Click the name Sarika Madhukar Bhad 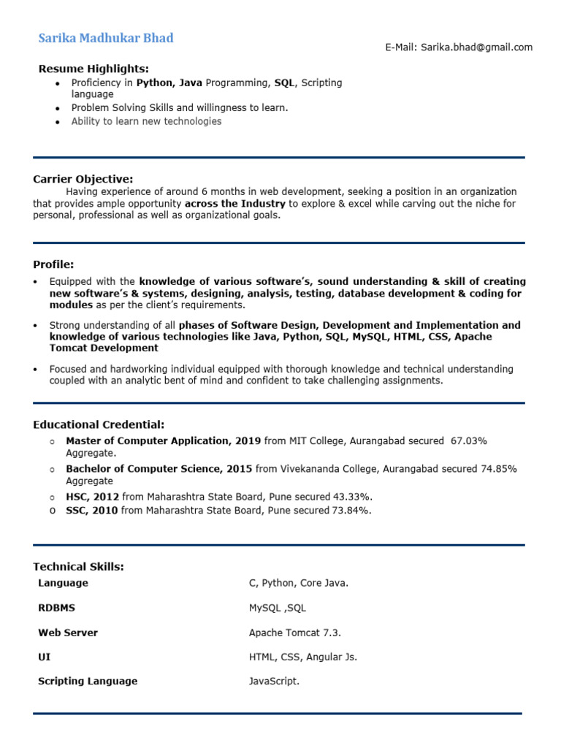106,38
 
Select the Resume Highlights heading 93,69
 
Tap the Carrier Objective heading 83,179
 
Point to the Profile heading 53,264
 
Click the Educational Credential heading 99,424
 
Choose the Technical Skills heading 78,567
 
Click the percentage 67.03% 468,441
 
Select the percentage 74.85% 498,469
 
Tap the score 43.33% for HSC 353,497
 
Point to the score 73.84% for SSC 351,511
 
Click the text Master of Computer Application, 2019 163,441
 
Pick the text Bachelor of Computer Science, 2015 159,469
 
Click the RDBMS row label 56,608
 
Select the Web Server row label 68,633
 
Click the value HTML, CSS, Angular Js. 303,657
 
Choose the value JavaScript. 274,681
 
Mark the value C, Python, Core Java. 299,583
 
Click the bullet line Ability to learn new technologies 146,121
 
